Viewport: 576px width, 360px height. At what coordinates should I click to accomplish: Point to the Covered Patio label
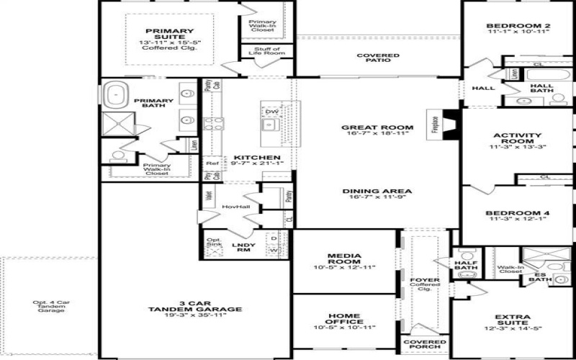(377, 58)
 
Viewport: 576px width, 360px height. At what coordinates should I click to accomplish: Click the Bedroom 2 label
(518, 26)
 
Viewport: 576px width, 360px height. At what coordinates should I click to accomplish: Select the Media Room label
(343, 256)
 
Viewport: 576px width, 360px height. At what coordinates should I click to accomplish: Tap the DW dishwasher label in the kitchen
(271, 112)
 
